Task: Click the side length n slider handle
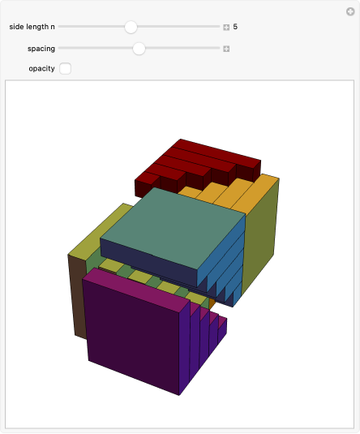131,27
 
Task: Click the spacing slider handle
139,49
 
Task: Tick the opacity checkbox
66,69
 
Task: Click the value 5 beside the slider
235,27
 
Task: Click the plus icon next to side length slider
226,27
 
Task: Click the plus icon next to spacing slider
226,49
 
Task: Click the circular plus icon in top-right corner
350,11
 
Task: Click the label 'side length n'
32,27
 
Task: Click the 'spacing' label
41,49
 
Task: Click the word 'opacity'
42,69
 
